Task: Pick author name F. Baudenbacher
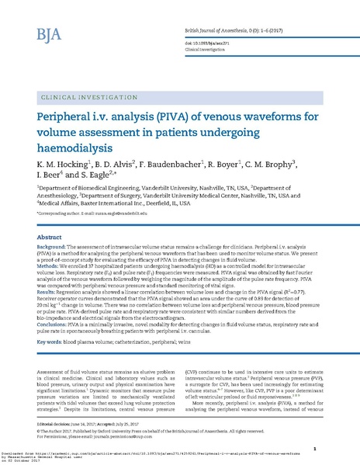pos(184,165)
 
